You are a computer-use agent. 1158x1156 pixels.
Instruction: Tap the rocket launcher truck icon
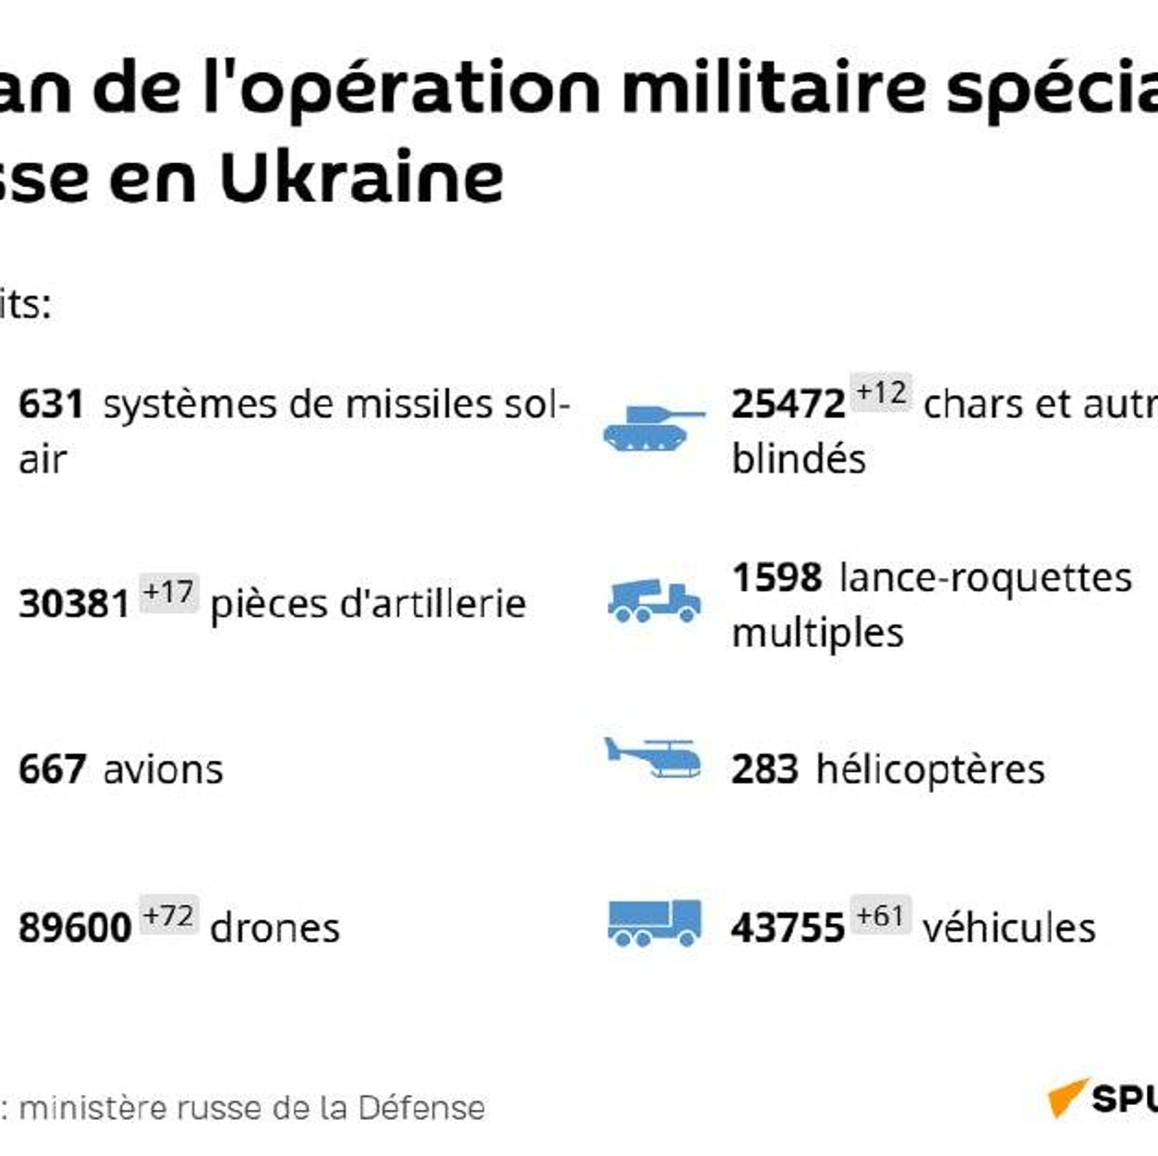(654, 600)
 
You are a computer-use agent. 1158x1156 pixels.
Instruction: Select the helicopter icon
(654, 758)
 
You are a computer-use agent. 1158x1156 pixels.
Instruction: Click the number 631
(51, 405)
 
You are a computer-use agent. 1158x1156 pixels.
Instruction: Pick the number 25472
(788, 405)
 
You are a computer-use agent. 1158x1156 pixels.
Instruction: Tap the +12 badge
(881, 393)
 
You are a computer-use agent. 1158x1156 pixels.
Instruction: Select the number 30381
(74, 604)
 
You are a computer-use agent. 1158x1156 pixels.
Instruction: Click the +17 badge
(169, 592)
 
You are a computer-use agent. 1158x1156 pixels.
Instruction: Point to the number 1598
(777, 577)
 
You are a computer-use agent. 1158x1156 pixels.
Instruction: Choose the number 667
(52, 770)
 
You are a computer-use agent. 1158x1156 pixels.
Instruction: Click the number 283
(765, 770)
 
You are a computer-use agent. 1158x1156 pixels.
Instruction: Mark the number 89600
(75, 928)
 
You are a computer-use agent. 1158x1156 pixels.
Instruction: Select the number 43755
(787, 928)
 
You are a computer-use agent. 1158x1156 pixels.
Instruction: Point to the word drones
(275, 928)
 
